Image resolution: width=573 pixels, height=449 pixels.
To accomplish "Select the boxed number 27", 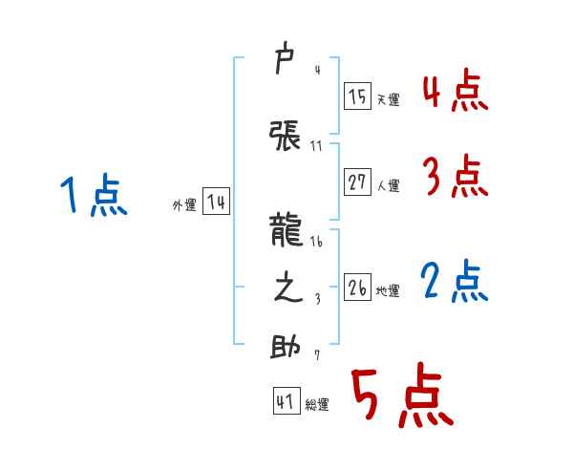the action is [x=357, y=182].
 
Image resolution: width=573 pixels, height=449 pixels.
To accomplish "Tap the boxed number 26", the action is [x=357, y=288].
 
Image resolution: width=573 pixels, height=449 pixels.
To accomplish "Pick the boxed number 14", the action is [x=216, y=203].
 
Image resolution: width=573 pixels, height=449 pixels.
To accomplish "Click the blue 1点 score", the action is [x=94, y=197].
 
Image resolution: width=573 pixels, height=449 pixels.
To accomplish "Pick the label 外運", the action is [x=183, y=205].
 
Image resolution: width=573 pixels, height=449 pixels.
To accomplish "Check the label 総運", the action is [x=317, y=405].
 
